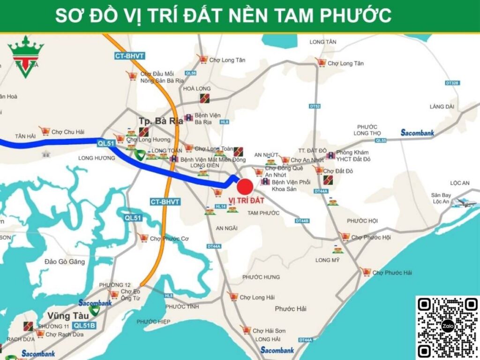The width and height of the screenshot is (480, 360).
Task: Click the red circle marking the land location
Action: (245, 186)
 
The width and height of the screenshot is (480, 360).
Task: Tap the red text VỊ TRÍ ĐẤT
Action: (246, 201)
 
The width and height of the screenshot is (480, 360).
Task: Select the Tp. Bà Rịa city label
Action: (160, 121)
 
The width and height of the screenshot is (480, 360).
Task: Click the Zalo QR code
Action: (448, 328)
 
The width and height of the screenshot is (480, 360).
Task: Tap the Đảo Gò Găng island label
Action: (65, 262)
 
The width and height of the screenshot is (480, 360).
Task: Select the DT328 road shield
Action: (452, 83)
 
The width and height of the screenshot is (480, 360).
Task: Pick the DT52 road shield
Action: (315, 106)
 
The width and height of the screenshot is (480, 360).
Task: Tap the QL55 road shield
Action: (380, 140)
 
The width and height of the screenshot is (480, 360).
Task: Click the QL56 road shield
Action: (191, 73)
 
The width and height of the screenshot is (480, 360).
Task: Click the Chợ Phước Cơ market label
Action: (169, 239)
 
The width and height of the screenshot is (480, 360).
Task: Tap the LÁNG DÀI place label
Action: (442, 107)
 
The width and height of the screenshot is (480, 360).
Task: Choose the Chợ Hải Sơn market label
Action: (269, 331)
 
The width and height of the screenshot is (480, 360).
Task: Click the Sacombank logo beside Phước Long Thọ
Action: (417, 133)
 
